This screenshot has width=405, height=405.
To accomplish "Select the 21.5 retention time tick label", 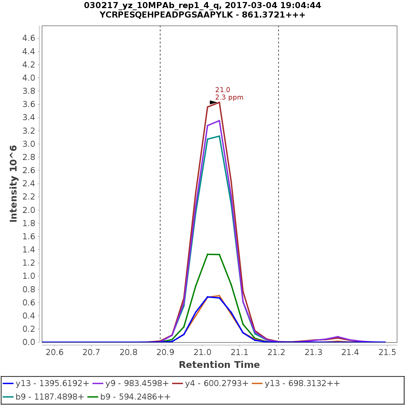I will coord(387,352).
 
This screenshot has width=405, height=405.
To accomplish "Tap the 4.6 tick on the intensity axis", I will coord(29,38).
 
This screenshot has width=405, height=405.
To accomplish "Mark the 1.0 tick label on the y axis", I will coord(29,276).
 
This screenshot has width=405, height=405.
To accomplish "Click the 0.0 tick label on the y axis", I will coord(29,342).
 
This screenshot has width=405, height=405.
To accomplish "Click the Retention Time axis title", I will coord(219,365).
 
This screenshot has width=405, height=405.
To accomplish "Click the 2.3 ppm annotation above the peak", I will coord(229,98).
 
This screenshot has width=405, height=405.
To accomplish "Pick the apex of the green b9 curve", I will coord(208,254).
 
